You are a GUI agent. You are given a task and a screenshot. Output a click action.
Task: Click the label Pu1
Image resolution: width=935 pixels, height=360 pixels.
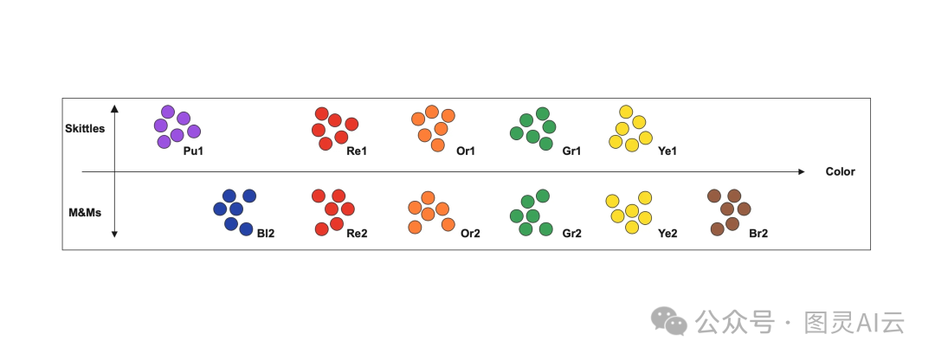pos(193,151)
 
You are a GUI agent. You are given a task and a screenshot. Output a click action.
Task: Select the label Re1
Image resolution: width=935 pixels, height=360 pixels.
pos(358,151)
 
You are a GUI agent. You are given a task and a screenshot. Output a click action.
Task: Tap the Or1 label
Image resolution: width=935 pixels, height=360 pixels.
pos(466,151)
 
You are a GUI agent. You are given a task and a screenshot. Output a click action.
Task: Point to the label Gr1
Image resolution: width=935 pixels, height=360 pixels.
pos(571,151)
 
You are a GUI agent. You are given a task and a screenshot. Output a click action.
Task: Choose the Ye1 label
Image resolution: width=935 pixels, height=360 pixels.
pos(667,151)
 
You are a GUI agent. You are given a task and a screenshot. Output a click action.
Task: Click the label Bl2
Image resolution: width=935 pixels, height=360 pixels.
pos(266,234)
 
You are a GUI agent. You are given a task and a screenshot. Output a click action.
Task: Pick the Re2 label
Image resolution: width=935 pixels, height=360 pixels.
pos(358,234)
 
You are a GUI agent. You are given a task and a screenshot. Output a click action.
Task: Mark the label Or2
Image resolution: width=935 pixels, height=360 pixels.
pos(470,234)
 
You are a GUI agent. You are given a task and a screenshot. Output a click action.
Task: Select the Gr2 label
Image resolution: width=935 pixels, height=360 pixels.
pos(571,234)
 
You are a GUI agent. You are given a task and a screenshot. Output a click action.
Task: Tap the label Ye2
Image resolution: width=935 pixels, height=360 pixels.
pos(667,234)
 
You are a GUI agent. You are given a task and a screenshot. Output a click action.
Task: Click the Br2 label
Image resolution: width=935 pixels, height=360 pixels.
pos(758,234)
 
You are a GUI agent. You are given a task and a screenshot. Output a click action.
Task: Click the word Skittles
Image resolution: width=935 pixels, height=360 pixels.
pos(85,129)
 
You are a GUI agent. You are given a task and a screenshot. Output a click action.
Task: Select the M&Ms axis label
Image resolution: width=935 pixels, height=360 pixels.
pos(86,210)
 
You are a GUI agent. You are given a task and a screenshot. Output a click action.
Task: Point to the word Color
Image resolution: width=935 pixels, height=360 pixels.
pos(840,171)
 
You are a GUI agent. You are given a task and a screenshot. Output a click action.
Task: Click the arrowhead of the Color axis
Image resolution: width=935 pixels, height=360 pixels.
pos(801,171)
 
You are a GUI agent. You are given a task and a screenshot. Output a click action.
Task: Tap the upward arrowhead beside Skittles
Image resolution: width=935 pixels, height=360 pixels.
pos(114,108)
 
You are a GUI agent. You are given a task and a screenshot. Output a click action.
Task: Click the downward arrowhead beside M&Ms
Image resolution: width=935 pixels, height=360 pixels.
pos(114,235)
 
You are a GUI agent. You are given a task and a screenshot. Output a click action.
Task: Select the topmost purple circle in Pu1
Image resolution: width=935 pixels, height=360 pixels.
pos(168,112)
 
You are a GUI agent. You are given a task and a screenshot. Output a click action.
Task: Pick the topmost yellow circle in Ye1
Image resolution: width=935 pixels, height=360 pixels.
pos(627,112)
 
